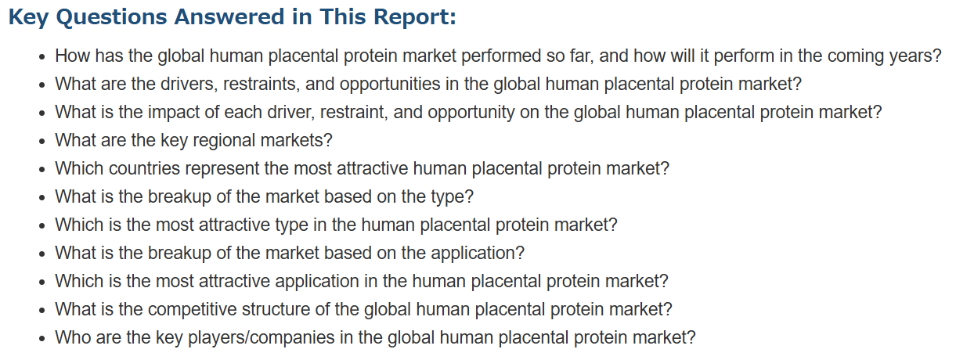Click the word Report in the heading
(411, 17)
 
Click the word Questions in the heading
(111, 18)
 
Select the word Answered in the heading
(229, 17)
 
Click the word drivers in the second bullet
(186, 84)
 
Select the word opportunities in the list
(390, 85)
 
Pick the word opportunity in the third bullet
(471, 113)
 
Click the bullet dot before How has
(41, 57)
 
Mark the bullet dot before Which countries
(41, 170)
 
